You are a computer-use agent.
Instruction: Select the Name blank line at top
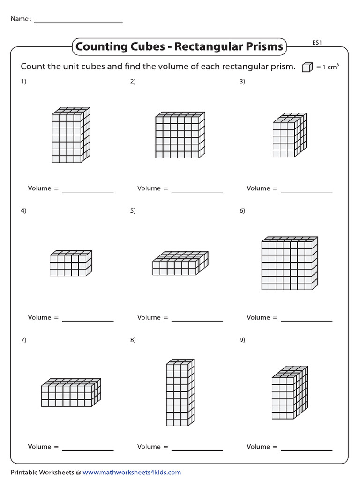pos(78,22)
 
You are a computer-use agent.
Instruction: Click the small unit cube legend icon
pos(307,67)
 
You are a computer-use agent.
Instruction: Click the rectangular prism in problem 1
pos(70,135)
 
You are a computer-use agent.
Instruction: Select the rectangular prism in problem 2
pos(180,135)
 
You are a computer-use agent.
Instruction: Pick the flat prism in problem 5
pos(180,264)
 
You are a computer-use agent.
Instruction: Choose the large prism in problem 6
pos(290,263)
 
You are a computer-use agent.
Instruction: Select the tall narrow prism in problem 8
pos(180,392)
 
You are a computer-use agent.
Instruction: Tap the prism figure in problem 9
pos(290,392)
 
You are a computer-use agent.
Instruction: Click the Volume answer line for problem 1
pos(88,191)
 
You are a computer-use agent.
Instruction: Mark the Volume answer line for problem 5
pos(197,321)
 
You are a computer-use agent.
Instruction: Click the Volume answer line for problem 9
pos(306,450)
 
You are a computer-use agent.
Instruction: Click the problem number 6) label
pos(242,211)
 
